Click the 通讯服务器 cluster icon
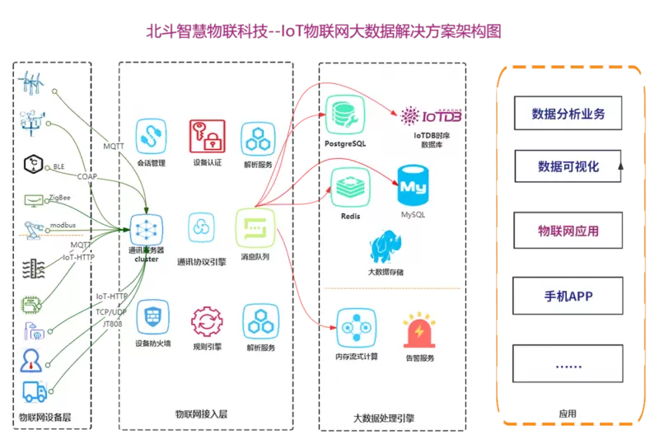coord(147,227)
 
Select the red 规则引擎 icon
coord(205,321)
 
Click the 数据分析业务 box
coord(568,114)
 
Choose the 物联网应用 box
coord(568,231)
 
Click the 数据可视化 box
coord(568,166)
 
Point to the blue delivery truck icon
coord(35,391)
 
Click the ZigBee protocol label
coord(59,199)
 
